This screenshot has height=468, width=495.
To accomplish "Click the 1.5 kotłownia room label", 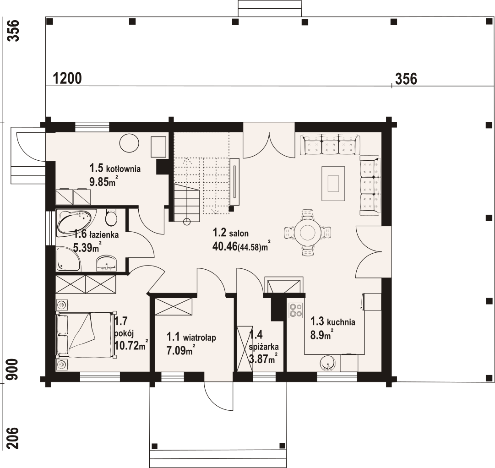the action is click(x=115, y=168).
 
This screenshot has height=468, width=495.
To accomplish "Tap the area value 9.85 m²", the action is click(x=103, y=181).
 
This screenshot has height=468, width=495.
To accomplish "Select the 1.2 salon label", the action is click(x=230, y=233).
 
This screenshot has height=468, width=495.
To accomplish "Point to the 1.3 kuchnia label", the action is click(x=333, y=321).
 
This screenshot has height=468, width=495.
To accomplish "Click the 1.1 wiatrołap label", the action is click(x=191, y=337).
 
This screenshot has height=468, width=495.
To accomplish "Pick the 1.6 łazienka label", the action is click(x=96, y=234).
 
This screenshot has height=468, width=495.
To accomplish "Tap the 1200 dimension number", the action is click(x=67, y=78).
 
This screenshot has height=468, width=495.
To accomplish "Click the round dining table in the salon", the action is click(x=306, y=233).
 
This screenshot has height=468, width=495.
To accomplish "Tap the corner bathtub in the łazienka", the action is click(x=76, y=223).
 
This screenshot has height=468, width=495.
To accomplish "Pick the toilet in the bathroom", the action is click(x=111, y=217).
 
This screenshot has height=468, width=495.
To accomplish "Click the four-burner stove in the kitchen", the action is click(x=295, y=310).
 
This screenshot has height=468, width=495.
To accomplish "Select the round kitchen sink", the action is click(x=328, y=364).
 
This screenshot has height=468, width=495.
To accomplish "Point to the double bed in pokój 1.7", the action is click(x=85, y=335).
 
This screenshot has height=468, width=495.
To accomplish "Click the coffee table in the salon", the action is click(x=333, y=184).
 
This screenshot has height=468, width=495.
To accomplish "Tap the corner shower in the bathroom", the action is click(x=68, y=259).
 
